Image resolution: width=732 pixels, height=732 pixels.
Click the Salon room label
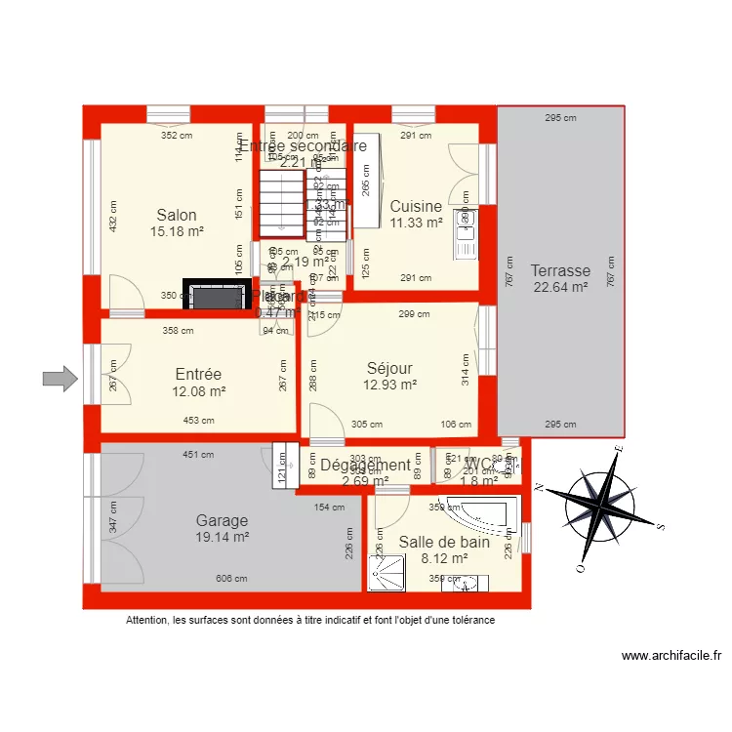click(177, 216)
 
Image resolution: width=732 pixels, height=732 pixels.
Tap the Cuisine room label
click(416, 206)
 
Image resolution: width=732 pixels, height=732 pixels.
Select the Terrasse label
click(560, 270)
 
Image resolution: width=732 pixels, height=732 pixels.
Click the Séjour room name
click(389, 368)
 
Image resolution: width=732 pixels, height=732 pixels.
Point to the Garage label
click(222, 520)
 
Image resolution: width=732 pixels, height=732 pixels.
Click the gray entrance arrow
click(60, 378)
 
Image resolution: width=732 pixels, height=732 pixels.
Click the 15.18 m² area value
click(177, 232)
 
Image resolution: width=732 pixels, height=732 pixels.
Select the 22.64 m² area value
click(560, 287)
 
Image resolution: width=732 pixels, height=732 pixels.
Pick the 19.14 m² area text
click(222, 537)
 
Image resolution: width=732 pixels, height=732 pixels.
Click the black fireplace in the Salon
click(216, 297)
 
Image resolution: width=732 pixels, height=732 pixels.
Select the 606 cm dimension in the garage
click(231, 579)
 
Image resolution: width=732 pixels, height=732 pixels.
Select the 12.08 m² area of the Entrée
click(198, 391)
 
